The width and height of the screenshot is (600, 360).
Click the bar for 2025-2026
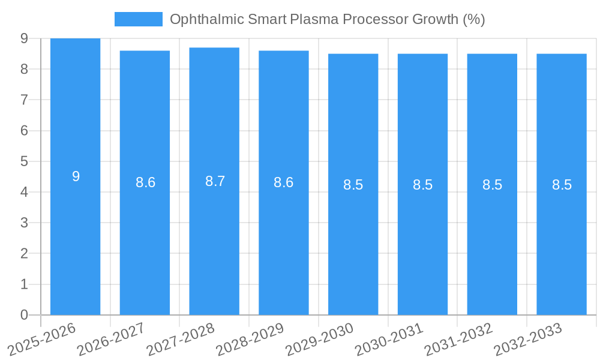click(x=75, y=240)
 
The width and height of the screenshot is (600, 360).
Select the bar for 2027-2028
click(x=214, y=240)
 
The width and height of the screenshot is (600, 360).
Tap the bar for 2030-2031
click(x=422, y=240)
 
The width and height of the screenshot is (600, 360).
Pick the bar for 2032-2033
click(x=562, y=240)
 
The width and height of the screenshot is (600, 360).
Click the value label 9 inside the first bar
click(x=76, y=176)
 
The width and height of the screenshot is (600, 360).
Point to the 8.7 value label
click(x=215, y=181)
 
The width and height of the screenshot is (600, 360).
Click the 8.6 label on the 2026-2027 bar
click(x=145, y=182)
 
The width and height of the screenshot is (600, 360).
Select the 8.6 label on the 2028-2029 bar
click(x=283, y=182)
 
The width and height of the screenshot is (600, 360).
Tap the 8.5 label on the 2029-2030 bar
click(x=353, y=185)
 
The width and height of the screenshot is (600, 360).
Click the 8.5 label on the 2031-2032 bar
click(x=492, y=185)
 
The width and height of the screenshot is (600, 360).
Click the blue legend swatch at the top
click(x=138, y=19)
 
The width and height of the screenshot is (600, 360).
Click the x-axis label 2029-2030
click(x=318, y=338)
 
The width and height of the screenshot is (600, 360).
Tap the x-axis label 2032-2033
click(x=527, y=338)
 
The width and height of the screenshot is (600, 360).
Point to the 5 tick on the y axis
click(x=24, y=161)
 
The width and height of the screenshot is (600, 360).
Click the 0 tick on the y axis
click(x=24, y=315)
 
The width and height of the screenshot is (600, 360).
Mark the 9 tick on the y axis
click(x=24, y=38)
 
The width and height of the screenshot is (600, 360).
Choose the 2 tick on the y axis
click(x=24, y=254)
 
